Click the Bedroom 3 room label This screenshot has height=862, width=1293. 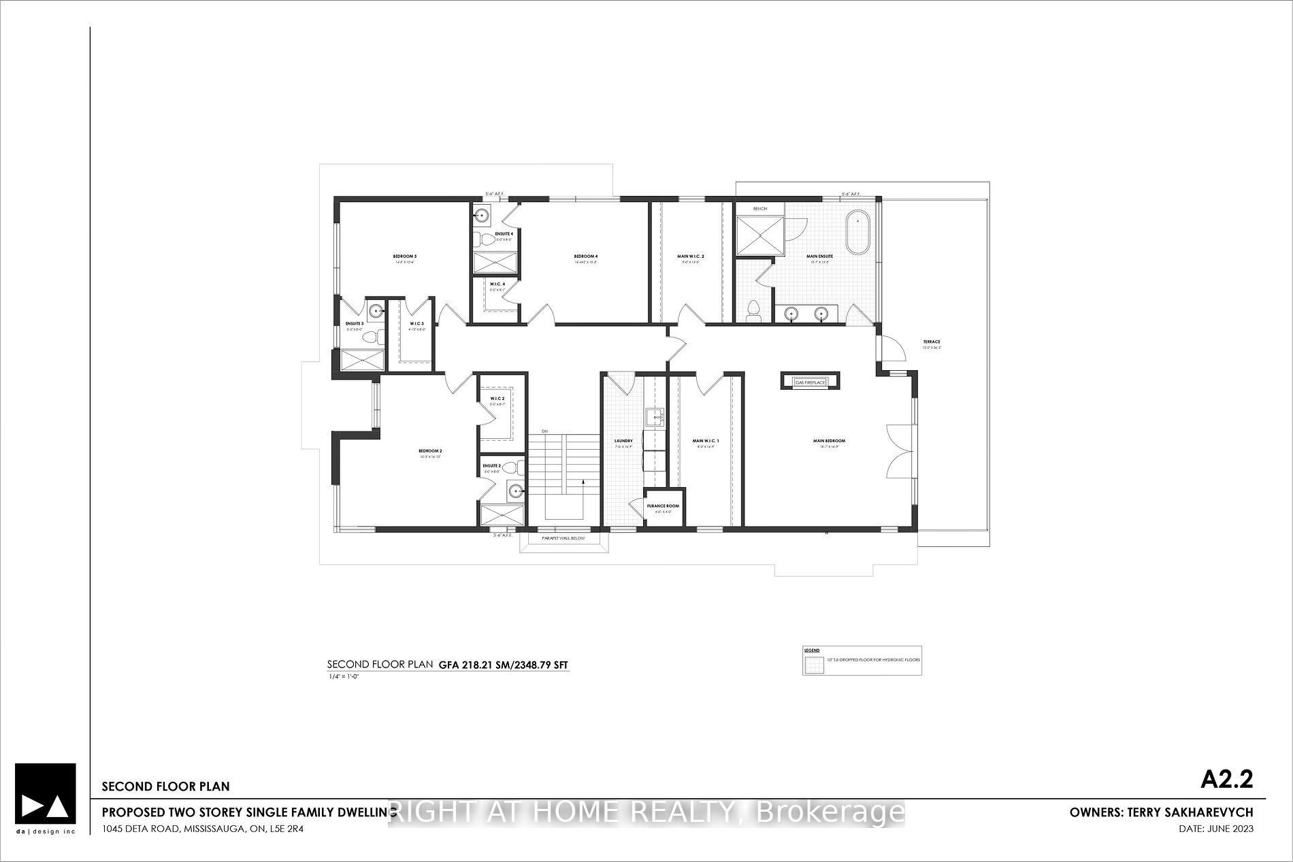[404, 256]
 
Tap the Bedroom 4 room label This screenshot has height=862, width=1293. [585, 256]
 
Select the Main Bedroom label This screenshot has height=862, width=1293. [828, 441]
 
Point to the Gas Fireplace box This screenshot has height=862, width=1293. [810, 382]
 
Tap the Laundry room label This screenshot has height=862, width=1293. [623, 441]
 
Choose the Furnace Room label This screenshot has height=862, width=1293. [663, 506]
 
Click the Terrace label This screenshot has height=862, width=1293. [932, 342]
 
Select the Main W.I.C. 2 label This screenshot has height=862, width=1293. [690, 256]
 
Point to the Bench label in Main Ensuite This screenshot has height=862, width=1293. [759, 209]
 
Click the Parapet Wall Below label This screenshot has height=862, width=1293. [563, 538]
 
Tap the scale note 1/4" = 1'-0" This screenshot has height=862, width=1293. [343, 677]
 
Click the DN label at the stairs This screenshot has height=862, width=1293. [544, 431]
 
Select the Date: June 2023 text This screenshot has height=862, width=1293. [1215, 829]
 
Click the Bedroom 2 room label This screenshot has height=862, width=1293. [430, 451]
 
